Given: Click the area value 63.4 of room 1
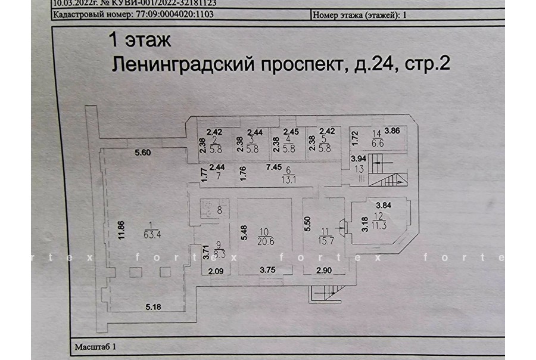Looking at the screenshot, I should (150, 234).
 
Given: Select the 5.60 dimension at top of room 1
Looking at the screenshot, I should (143, 153).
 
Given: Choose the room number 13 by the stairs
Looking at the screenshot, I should (359, 168).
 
